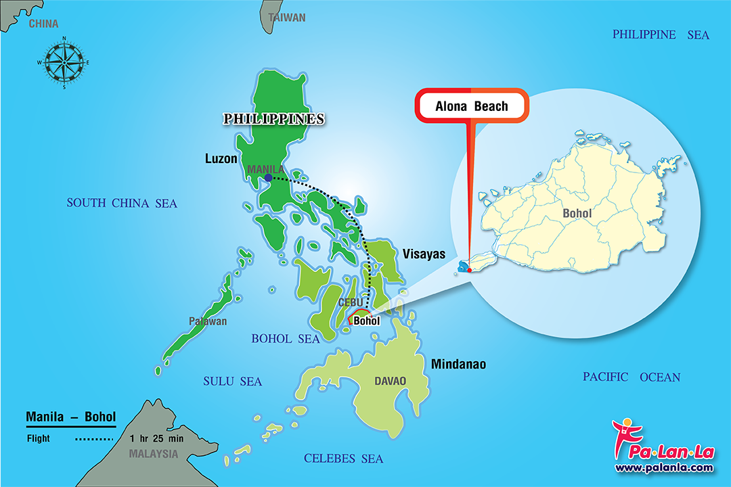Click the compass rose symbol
[64, 63]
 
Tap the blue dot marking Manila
[269, 178]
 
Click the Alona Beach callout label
[472, 106]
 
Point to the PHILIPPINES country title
[274, 119]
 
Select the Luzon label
[221, 159]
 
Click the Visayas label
[424, 254]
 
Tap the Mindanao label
[458, 365]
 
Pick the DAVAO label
[391, 381]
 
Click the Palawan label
[208, 321]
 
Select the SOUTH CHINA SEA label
[122, 203]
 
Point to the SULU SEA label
[232, 382]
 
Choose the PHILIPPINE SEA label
[661, 34]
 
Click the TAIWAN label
[287, 18]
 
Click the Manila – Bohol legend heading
[70, 417]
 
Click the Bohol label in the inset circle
[577, 214]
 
